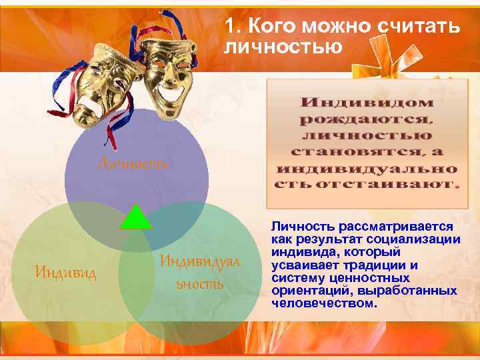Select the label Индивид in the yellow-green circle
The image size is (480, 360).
click(66, 273)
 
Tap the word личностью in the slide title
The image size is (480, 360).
click(283, 47)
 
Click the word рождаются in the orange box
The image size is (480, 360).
click(366, 119)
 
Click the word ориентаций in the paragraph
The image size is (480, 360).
click(309, 291)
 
